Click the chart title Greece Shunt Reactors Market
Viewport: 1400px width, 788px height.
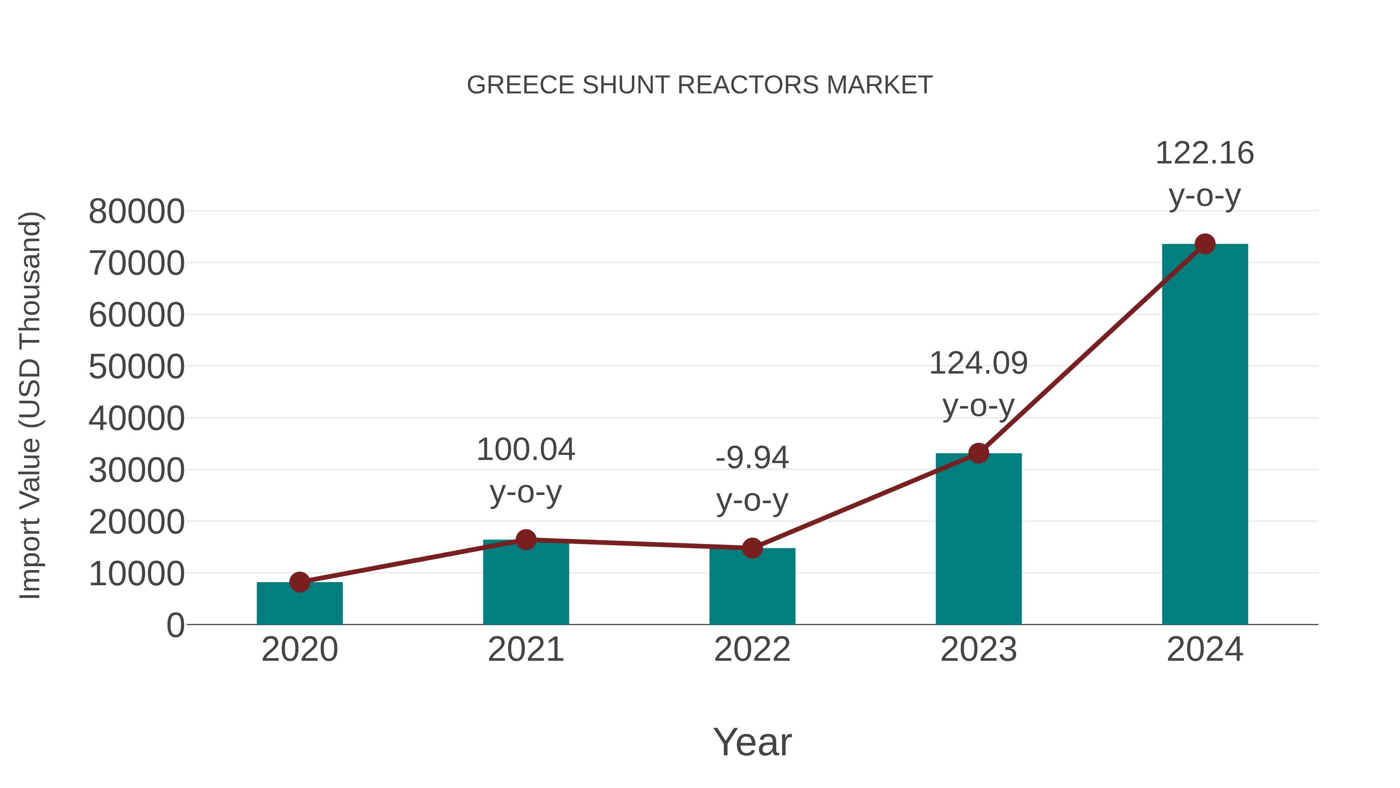[700, 85]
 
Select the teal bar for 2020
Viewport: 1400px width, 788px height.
[299, 605]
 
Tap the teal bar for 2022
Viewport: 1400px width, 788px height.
[752, 587]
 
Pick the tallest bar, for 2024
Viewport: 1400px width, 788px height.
[1205, 435]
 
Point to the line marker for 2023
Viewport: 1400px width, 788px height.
[979, 453]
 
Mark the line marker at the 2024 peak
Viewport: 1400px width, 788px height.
[1205, 244]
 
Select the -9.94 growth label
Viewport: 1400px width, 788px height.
[752, 479]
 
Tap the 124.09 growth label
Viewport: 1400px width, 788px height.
[979, 384]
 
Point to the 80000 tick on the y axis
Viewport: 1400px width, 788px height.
[136, 212]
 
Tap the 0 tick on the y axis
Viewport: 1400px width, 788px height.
[175, 625]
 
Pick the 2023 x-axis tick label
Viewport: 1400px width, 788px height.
[979, 649]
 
